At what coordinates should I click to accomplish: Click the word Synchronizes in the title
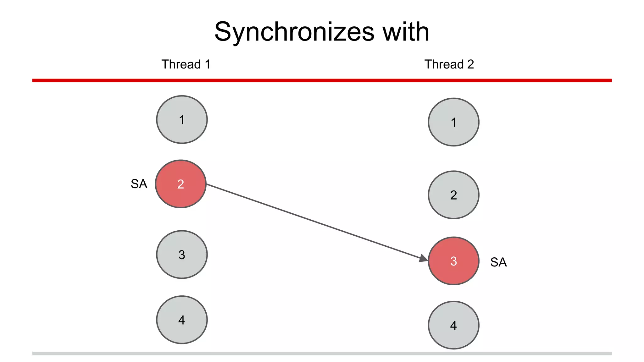pos(294,32)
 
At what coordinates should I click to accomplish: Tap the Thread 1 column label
pos(186,64)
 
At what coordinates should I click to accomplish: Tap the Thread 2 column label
pos(449,64)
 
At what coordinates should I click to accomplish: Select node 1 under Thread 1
pos(182,120)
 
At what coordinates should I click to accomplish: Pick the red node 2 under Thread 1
pos(181,184)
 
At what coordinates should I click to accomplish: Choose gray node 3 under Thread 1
pos(182,255)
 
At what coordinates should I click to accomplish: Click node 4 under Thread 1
pos(182,320)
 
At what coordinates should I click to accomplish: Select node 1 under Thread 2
pos(453,122)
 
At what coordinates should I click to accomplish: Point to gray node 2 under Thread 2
pos(453,195)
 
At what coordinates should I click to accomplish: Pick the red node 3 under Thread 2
pos(453,261)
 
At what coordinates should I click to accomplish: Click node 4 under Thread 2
pos(453,325)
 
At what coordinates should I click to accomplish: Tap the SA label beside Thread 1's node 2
pos(139,184)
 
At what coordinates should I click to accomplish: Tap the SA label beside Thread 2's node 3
pos(498,262)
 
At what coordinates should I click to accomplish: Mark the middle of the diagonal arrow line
pos(316,222)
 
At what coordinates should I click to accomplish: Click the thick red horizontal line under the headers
pos(322,81)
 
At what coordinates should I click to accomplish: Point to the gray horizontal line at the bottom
pos(322,354)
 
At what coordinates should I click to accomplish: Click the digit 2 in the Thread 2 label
pos(470,64)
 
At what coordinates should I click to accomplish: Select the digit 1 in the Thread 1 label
pos(208,64)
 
